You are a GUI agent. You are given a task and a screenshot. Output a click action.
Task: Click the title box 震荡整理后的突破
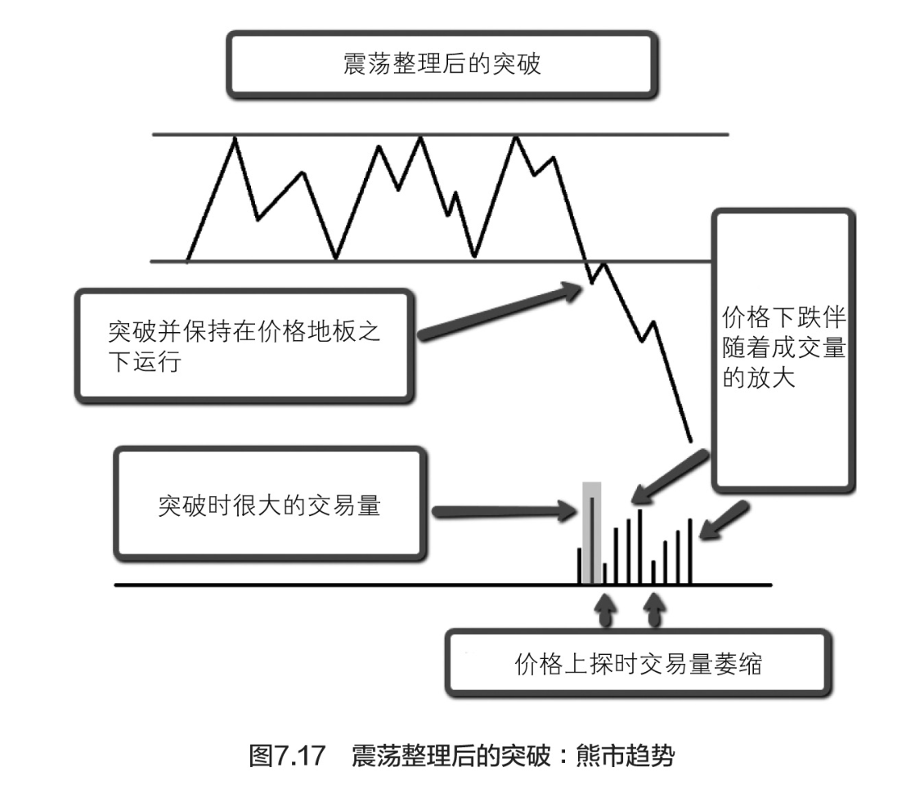[x=442, y=65]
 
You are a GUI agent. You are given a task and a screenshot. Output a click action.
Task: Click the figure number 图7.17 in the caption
[x=287, y=754]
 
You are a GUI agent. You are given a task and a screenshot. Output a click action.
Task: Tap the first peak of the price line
[x=236, y=138]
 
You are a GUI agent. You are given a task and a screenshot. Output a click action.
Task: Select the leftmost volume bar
[x=580, y=565]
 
